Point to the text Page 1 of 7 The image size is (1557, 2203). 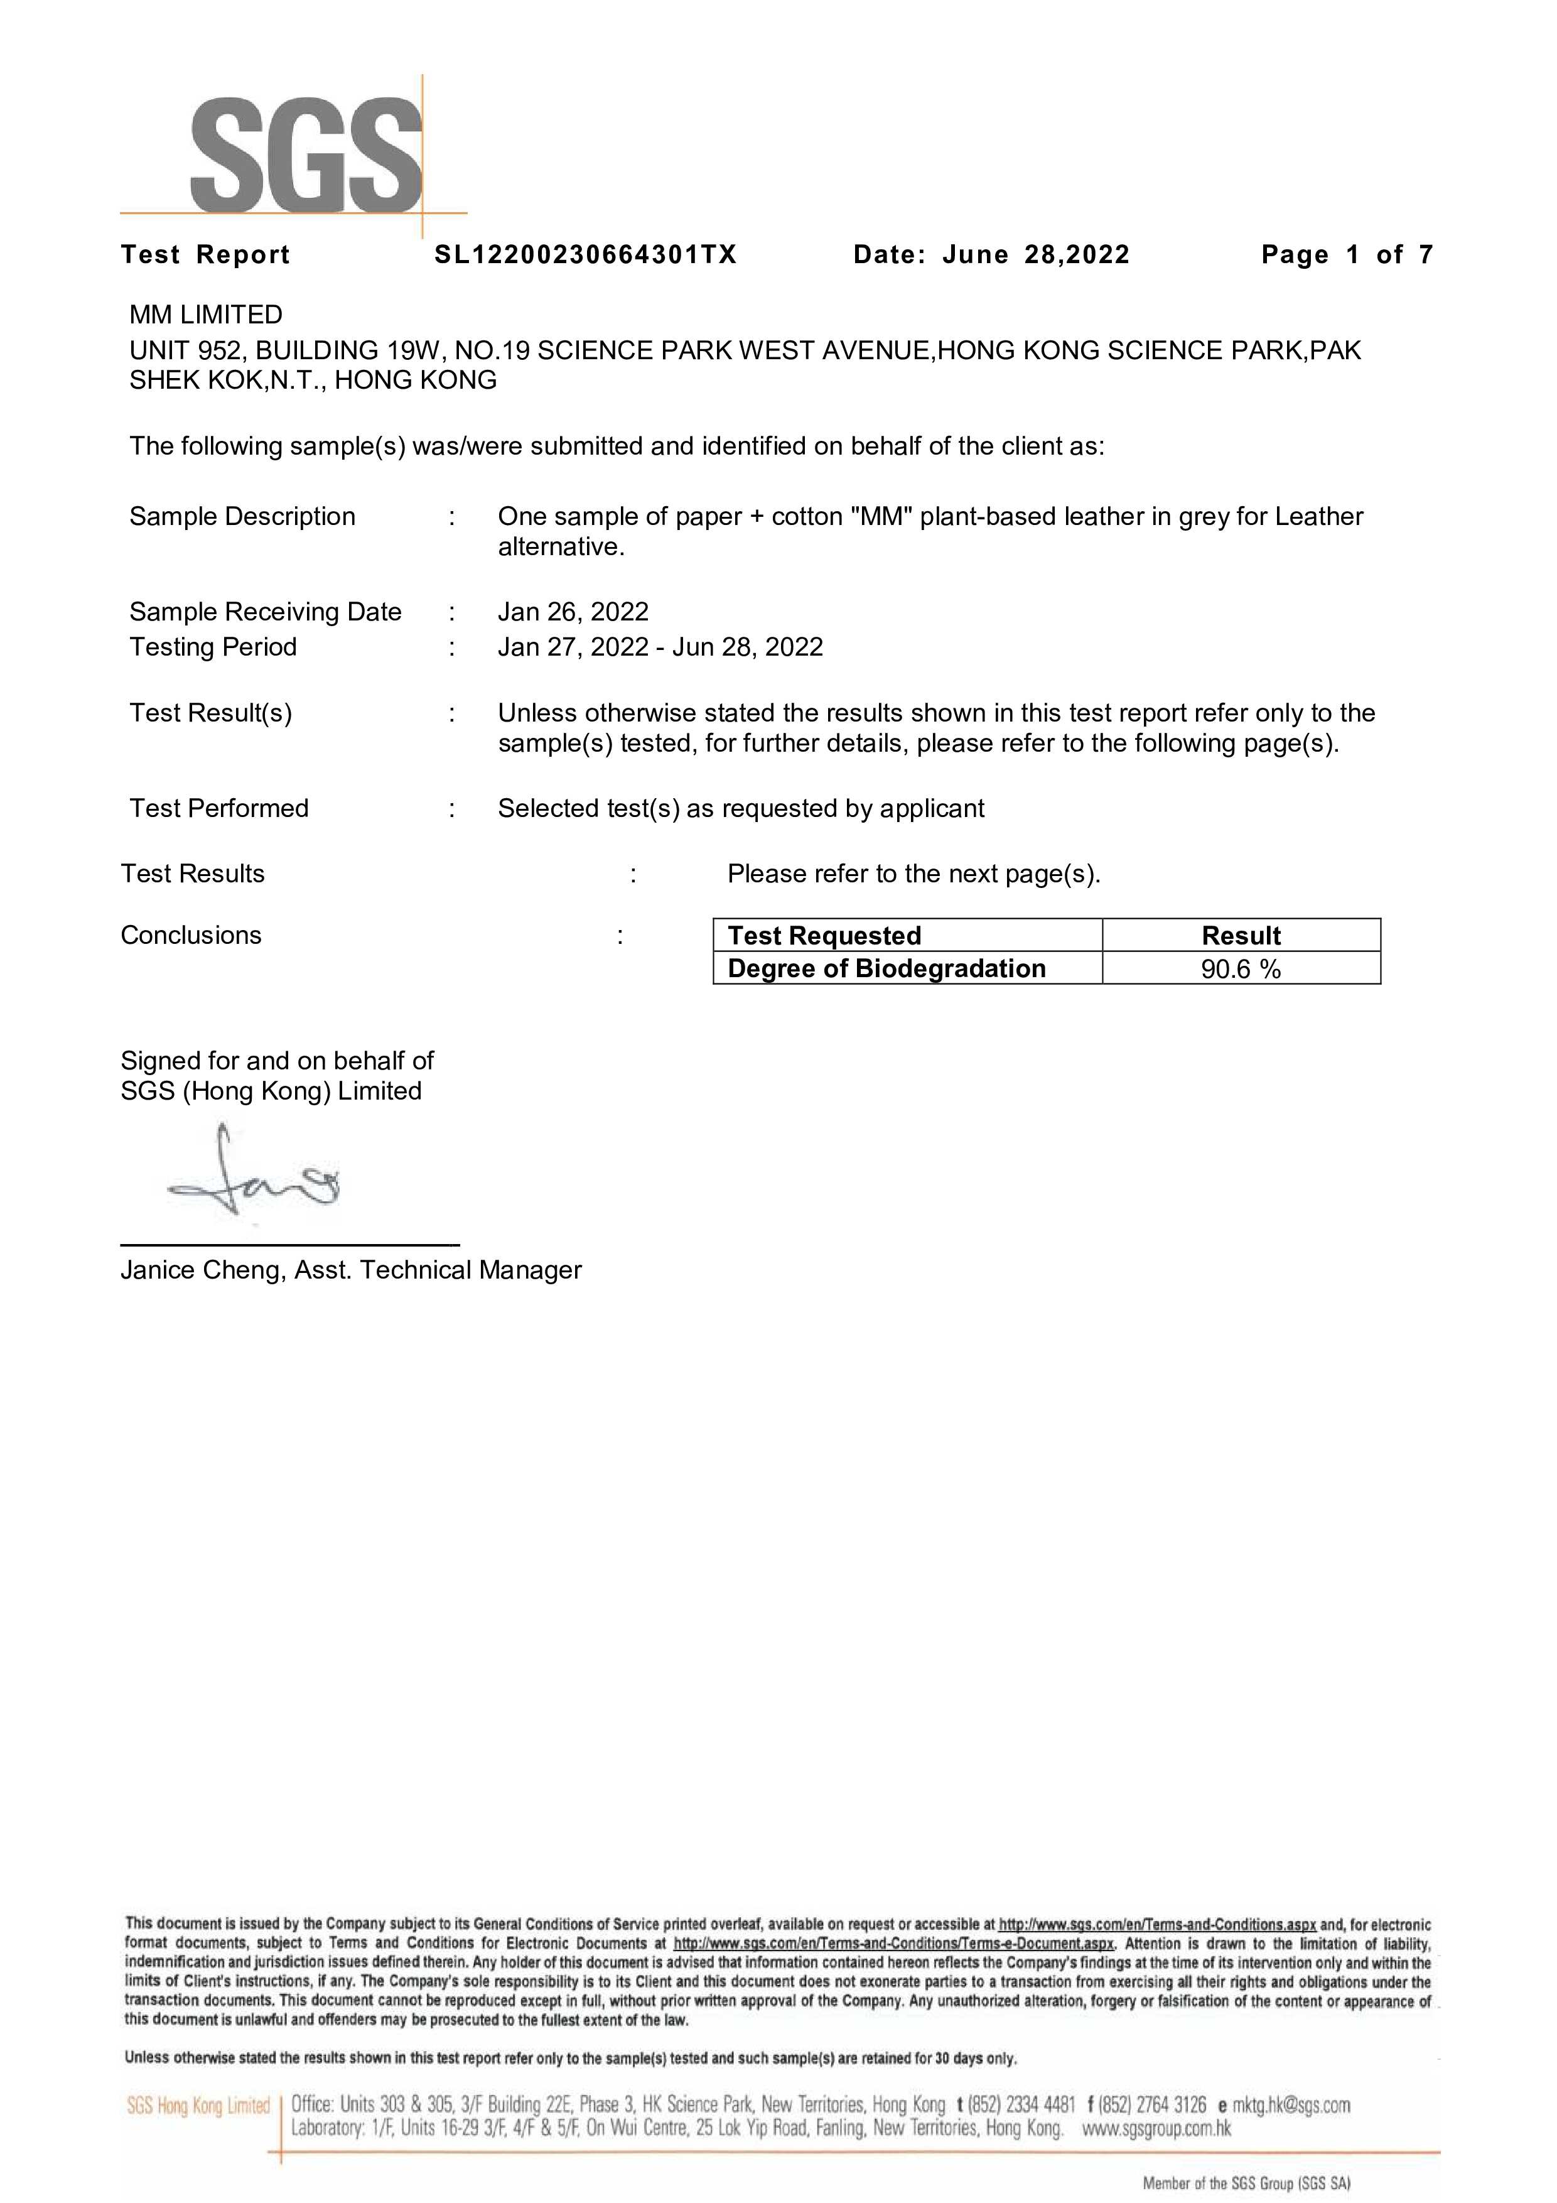pyautogui.click(x=1347, y=254)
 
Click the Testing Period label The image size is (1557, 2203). pyautogui.click(x=213, y=647)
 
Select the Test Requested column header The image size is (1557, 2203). pyautogui.click(x=824, y=936)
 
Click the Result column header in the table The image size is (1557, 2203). pyautogui.click(x=1241, y=936)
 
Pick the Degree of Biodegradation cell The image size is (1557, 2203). pyautogui.click(x=886, y=968)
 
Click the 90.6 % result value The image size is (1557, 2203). pyautogui.click(x=1241, y=969)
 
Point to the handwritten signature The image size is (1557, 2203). pyautogui.click(x=254, y=1176)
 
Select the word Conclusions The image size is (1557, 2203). pyautogui.click(x=191, y=936)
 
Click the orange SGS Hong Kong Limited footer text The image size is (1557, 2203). pyautogui.click(x=198, y=2106)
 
